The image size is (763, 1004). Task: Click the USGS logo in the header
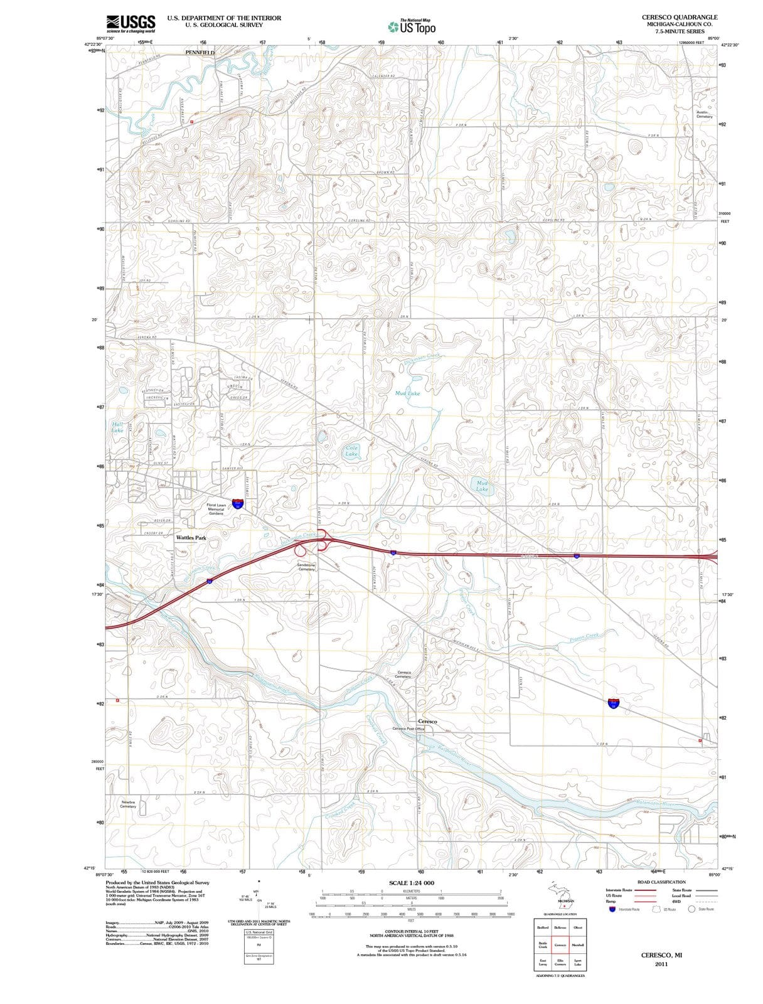(131, 23)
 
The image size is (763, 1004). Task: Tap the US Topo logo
(412, 27)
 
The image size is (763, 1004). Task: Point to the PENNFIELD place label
(200, 53)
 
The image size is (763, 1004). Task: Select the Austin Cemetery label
(704, 114)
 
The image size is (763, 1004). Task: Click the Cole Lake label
(351, 451)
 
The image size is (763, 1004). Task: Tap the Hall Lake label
(117, 427)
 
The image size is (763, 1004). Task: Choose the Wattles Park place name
(191, 538)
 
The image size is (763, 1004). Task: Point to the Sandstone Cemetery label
(306, 567)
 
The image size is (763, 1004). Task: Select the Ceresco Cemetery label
(403, 674)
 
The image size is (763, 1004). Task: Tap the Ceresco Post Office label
(408, 729)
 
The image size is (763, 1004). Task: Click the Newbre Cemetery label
(128, 804)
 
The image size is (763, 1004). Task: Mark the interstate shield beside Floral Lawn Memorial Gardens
(238, 503)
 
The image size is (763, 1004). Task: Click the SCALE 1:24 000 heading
(412, 882)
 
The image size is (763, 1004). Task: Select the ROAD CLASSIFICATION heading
(661, 882)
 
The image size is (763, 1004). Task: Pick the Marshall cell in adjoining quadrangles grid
(577, 945)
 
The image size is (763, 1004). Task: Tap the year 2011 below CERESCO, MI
(661, 964)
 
